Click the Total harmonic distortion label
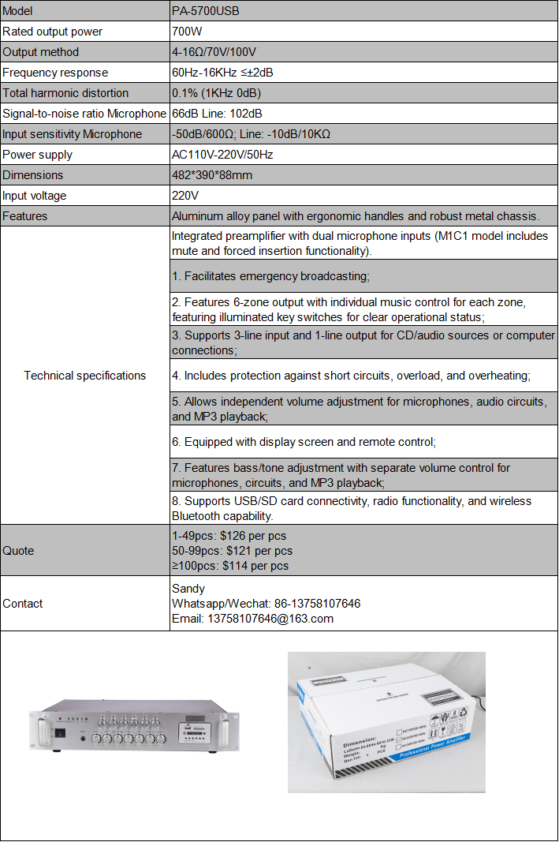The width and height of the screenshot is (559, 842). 65,93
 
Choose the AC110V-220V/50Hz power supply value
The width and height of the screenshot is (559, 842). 222,155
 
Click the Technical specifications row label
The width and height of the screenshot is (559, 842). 85,376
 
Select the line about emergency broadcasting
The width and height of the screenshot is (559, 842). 270,276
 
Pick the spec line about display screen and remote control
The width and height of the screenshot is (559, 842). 304,442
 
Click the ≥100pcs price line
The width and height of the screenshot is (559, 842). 230,566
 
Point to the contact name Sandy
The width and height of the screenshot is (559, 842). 188,588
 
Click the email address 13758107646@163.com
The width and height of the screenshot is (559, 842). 252,619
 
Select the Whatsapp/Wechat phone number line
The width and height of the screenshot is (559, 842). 266,604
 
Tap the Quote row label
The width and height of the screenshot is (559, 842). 18,551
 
